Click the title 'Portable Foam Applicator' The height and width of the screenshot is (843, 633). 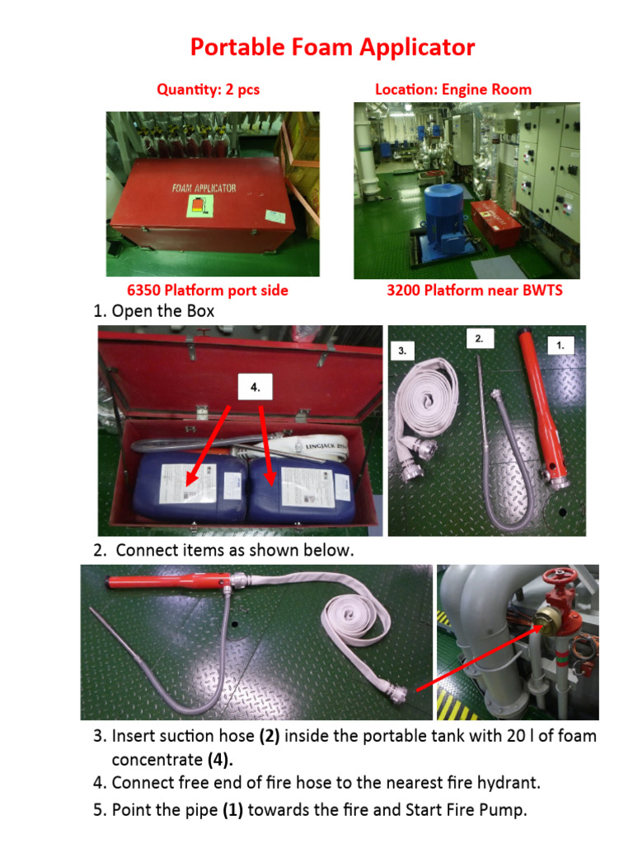pos(332,47)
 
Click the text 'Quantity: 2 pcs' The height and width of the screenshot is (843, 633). pos(208,89)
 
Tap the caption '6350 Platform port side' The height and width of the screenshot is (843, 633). pos(208,291)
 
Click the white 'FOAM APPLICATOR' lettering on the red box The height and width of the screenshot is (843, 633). pos(204,188)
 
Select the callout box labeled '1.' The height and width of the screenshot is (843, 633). pos(560,346)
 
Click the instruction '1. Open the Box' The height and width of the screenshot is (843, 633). pos(153,311)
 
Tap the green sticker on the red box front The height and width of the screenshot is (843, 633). pos(199,207)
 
